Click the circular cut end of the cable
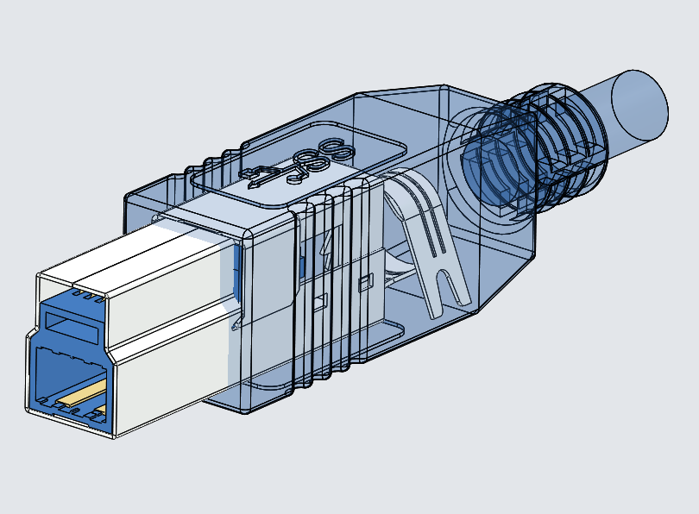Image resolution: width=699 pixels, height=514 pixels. [x=639, y=104]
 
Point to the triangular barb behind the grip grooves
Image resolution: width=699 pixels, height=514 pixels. [x=326, y=251]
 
